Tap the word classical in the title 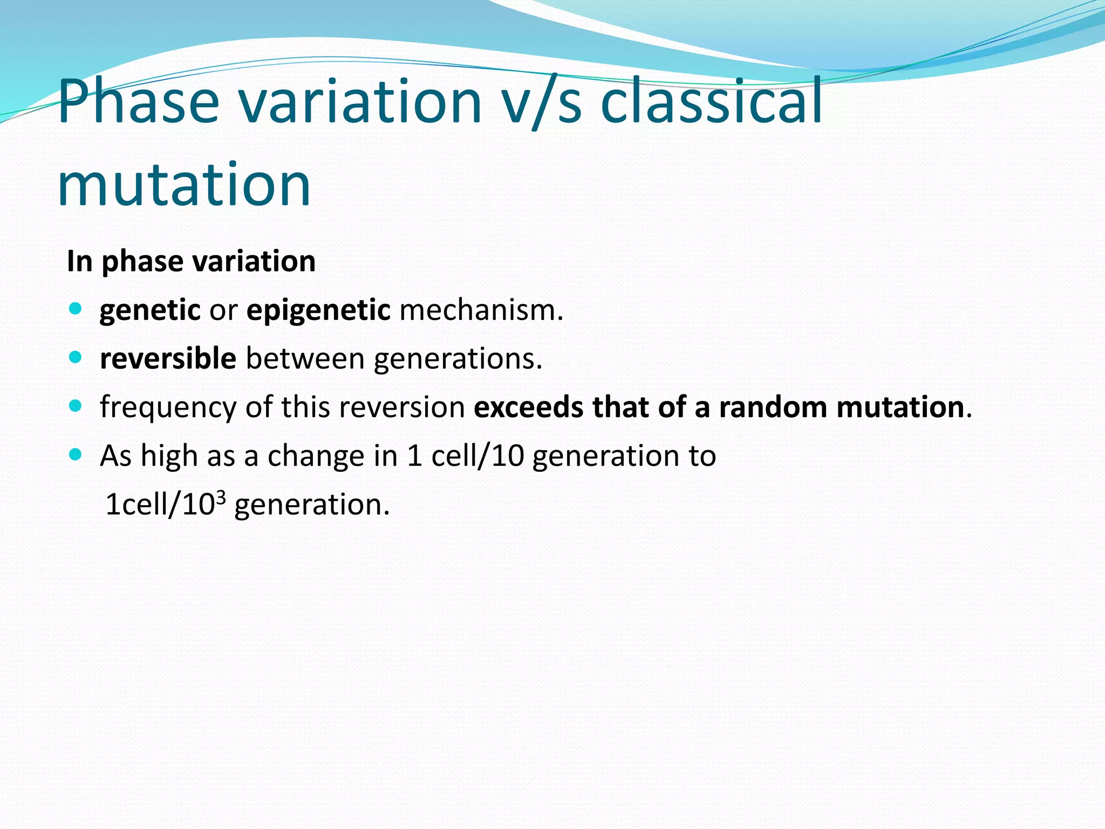click(x=711, y=101)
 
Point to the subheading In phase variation click(x=191, y=261)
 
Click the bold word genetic click(x=150, y=310)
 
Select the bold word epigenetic click(x=318, y=310)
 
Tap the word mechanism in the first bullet click(x=480, y=310)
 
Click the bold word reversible click(x=168, y=359)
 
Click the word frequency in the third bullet click(x=168, y=407)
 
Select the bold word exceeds click(x=528, y=407)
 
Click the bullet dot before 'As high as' click(x=76, y=454)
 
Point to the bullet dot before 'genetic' click(x=76, y=309)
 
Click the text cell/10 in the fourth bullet click(x=478, y=456)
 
